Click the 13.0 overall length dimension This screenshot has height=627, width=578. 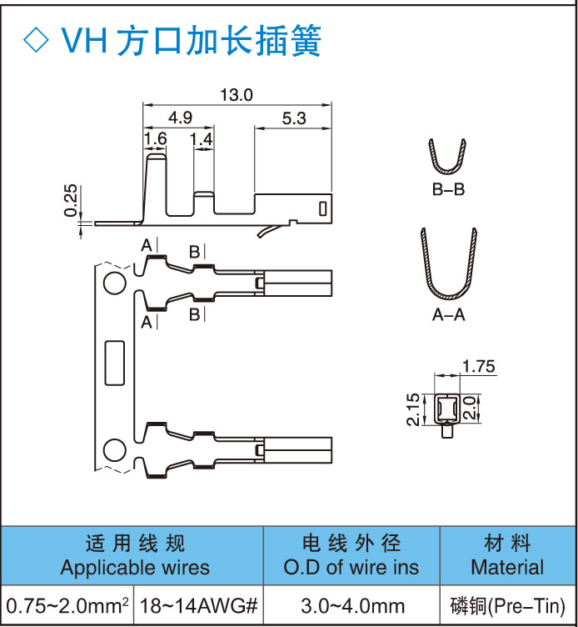pyautogui.click(x=236, y=95)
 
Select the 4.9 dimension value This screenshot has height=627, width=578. pyautogui.click(x=180, y=118)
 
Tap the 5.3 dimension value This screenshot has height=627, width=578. pyautogui.click(x=294, y=118)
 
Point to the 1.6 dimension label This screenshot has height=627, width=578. pyautogui.click(x=156, y=138)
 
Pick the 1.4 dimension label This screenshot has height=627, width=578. pyautogui.click(x=202, y=138)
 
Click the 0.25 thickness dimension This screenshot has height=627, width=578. pyautogui.click(x=72, y=200)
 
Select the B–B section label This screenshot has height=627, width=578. pyautogui.click(x=448, y=190)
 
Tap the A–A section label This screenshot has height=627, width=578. pyautogui.click(x=448, y=315)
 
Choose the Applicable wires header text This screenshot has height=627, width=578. pyautogui.click(x=135, y=569)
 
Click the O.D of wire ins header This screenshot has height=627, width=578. pyautogui.click(x=351, y=569)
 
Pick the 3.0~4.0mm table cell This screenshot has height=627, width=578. pyautogui.click(x=352, y=605)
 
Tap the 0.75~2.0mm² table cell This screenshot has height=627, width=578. pyautogui.click(x=67, y=605)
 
